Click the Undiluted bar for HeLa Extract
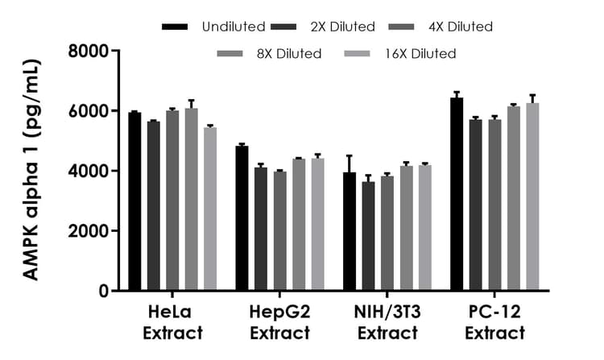[x=134, y=201]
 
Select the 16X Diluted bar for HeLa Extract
[x=210, y=209]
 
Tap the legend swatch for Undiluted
[x=175, y=27]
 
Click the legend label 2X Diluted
[x=342, y=27]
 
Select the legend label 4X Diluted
[x=459, y=27]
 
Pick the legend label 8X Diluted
[x=288, y=54]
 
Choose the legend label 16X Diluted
[x=420, y=54]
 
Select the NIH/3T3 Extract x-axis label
[x=387, y=323]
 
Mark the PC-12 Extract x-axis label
[x=494, y=323]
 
